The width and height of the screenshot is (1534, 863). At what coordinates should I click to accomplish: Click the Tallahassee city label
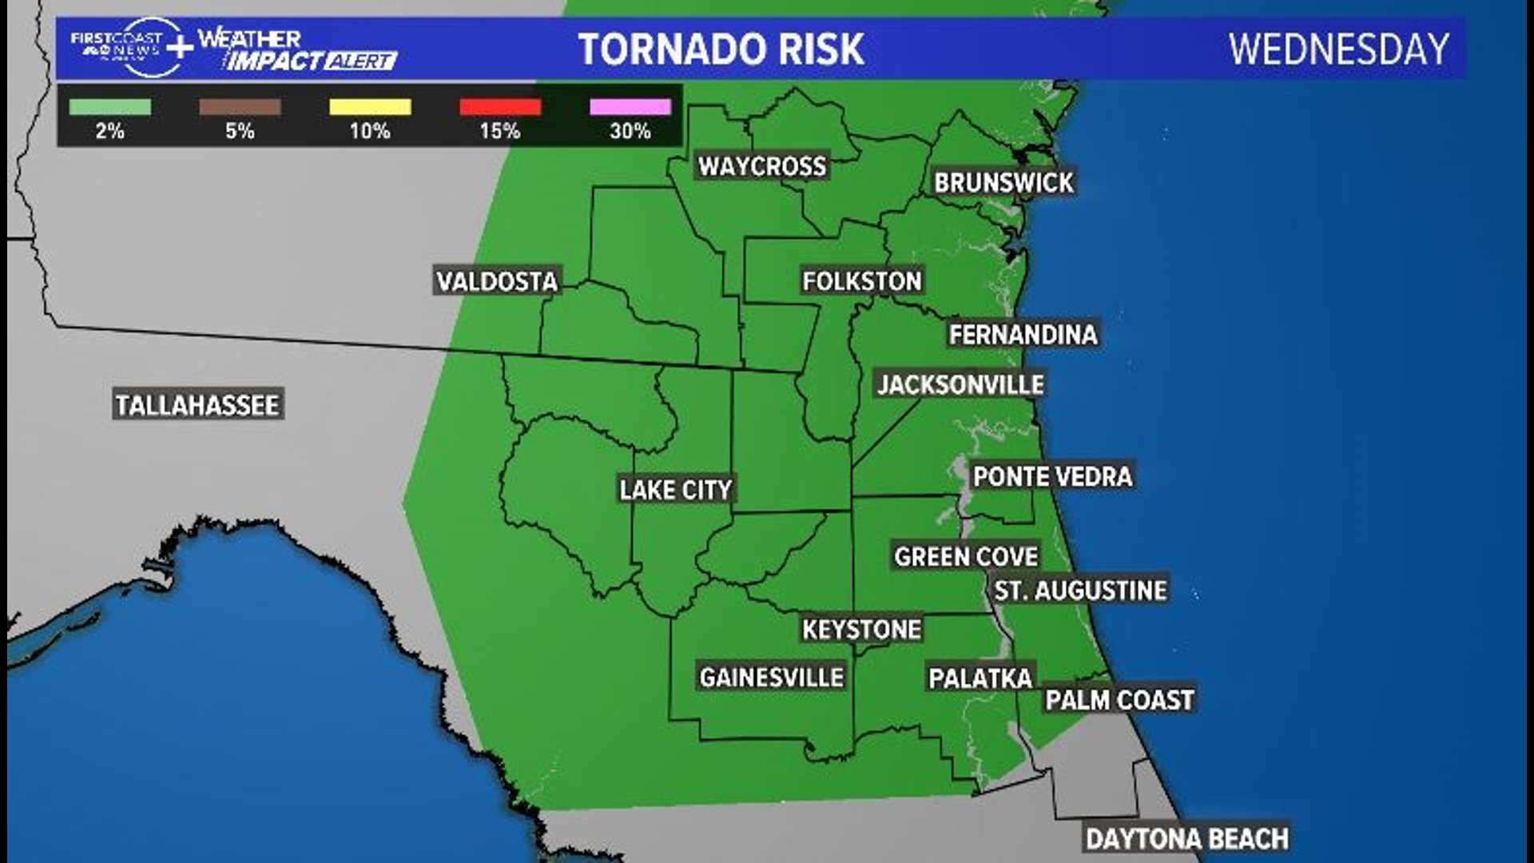(x=197, y=405)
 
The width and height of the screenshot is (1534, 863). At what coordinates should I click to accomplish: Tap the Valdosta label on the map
(x=497, y=280)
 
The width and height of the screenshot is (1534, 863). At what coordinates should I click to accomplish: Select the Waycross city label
(x=762, y=166)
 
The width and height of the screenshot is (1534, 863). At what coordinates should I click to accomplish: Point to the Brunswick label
(x=1004, y=182)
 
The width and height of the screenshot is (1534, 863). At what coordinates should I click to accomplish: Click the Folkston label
(x=862, y=280)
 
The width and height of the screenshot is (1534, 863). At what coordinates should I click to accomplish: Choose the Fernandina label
(x=1023, y=334)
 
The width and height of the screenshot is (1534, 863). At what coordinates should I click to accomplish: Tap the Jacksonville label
(x=960, y=384)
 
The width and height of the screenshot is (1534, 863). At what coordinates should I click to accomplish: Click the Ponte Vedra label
(x=1052, y=476)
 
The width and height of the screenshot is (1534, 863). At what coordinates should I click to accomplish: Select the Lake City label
(x=676, y=489)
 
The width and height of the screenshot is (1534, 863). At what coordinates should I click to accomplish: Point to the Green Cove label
(x=966, y=556)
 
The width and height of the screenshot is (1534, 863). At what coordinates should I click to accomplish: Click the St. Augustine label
(x=1080, y=591)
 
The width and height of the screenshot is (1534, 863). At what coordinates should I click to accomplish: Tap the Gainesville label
(x=772, y=678)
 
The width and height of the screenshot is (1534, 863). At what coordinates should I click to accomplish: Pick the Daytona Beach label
(x=1187, y=838)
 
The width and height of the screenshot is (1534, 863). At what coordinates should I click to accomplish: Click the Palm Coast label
(x=1119, y=700)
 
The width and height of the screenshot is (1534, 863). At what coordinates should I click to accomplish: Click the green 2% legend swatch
(x=109, y=107)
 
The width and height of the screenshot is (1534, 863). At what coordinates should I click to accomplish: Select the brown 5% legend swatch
(x=240, y=107)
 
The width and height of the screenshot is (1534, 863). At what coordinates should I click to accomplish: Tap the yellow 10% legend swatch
(x=370, y=107)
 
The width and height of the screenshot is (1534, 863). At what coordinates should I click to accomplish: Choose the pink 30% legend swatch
(x=630, y=107)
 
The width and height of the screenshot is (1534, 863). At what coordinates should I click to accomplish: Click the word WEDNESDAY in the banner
(x=1338, y=50)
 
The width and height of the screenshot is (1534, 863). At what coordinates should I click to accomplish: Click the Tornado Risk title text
(x=721, y=50)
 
